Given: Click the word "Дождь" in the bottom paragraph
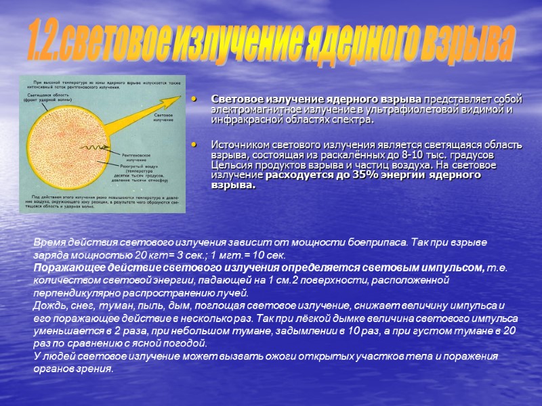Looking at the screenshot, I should pos(48,306).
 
